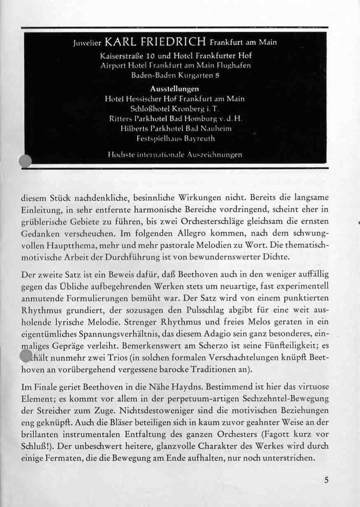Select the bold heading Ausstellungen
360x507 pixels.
tap(175, 89)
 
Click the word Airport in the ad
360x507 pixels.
tap(112, 65)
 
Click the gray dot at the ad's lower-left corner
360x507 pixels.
tap(25, 161)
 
